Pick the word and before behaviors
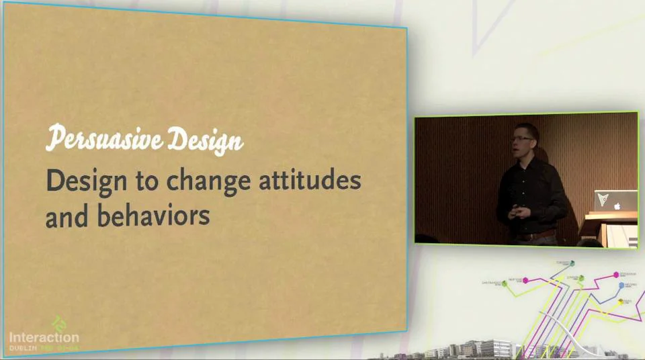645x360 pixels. [x=67, y=216]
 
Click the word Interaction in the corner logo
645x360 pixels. [x=44, y=337]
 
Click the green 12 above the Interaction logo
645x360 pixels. [x=59, y=323]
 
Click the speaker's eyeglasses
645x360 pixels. [x=521, y=139]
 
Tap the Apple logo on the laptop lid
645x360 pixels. [x=616, y=207]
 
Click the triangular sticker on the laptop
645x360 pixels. [x=604, y=200]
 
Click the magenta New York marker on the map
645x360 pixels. [x=526, y=280]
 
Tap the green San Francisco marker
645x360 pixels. [x=504, y=284]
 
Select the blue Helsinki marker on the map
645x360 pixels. [x=621, y=285]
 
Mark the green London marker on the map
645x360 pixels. [x=580, y=277]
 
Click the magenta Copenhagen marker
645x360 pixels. [x=616, y=274]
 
